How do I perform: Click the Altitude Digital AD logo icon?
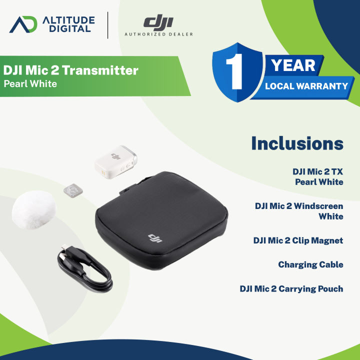point(24,24)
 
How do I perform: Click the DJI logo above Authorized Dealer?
point(158,21)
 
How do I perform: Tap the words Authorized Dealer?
point(158,34)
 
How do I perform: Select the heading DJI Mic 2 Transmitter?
point(70,70)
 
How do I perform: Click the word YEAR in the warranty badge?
point(293,65)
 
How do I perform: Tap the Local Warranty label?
point(306,86)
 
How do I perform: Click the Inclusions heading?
point(297,143)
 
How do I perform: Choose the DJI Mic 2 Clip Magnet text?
point(298,240)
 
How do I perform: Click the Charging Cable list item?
point(310,264)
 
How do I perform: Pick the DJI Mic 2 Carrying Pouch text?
point(291,288)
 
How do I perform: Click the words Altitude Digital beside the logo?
point(66,23)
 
